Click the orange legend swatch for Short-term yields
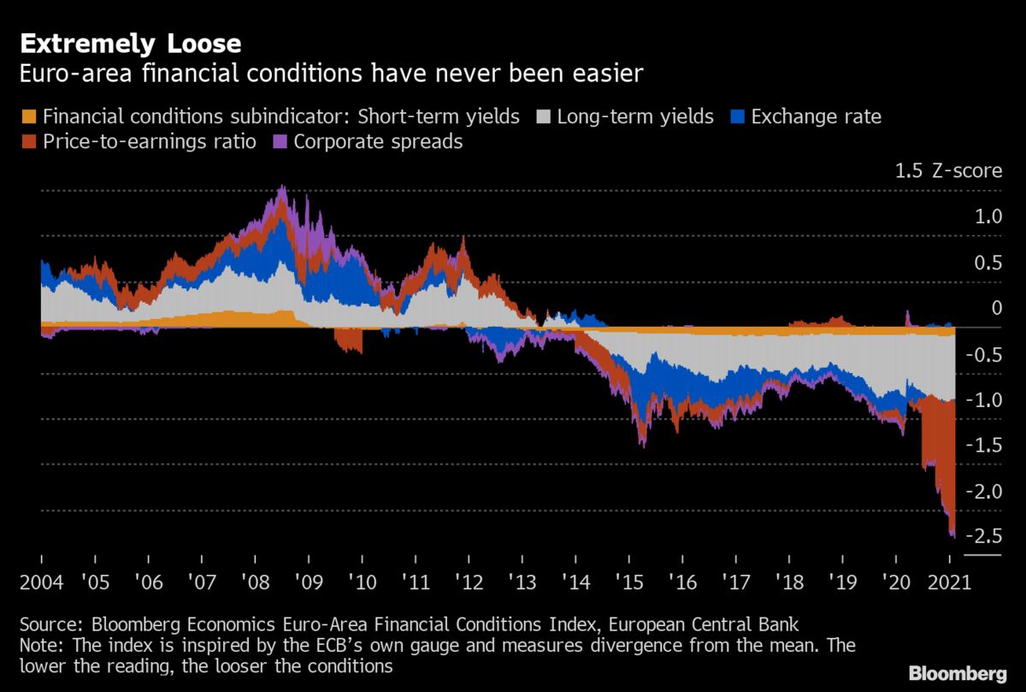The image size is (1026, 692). (x=28, y=116)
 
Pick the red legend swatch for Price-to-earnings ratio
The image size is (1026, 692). (x=28, y=141)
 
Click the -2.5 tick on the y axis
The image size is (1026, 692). (x=982, y=536)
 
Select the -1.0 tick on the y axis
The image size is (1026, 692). (x=982, y=400)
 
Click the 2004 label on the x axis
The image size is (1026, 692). (x=41, y=583)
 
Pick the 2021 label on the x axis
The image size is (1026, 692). (x=949, y=583)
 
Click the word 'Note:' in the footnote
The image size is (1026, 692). (x=43, y=644)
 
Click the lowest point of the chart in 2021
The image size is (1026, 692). (x=952, y=537)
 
